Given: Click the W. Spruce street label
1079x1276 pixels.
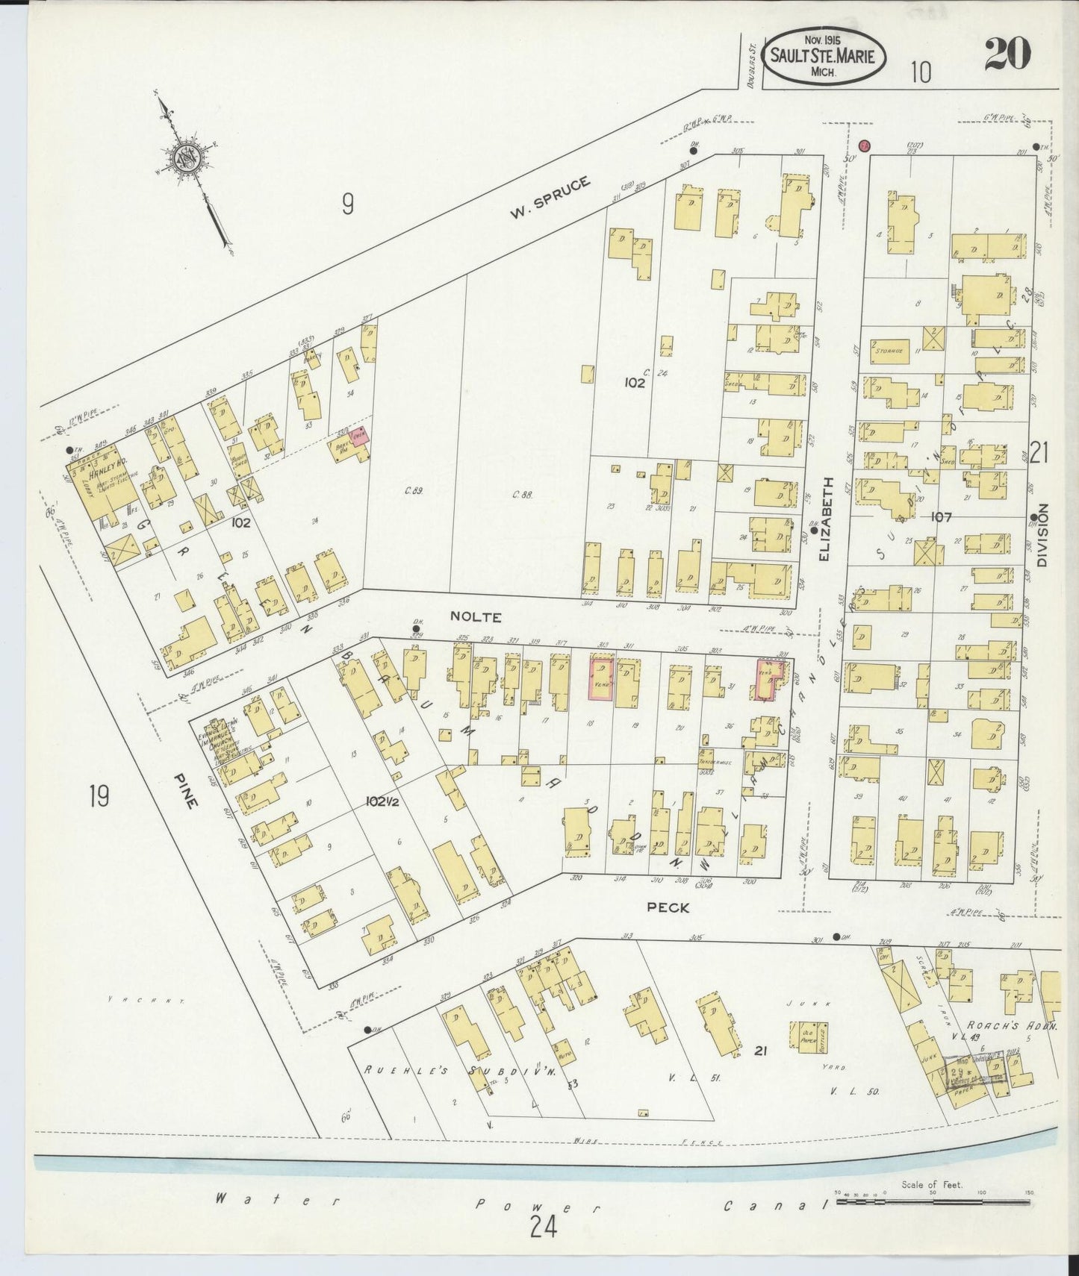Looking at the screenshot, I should (550, 198).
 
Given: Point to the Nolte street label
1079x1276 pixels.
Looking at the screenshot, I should (475, 617).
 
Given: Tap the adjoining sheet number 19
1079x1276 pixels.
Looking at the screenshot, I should (98, 797).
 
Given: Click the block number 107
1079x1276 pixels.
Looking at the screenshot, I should (942, 516).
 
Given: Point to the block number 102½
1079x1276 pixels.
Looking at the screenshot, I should (385, 801).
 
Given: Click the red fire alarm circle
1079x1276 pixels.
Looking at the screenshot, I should (865, 146).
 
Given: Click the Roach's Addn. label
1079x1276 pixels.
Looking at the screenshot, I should (1011, 1025).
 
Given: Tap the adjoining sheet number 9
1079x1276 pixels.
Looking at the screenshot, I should (346, 204).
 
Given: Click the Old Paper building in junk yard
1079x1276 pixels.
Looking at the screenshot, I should (803, 1038).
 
